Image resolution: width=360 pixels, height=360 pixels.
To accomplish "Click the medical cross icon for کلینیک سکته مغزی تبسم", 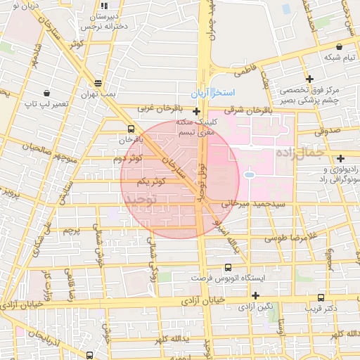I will point(196,110).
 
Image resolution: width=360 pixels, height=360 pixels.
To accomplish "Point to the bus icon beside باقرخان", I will point(131,129).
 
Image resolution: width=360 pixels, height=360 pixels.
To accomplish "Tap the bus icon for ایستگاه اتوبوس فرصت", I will point(227,267).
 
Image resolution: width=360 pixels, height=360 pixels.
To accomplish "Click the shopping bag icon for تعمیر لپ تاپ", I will point(46,92).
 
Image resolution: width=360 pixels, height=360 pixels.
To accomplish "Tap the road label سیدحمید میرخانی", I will point(254,203).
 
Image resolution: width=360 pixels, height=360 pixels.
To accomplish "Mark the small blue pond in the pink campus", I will point(249,174).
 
